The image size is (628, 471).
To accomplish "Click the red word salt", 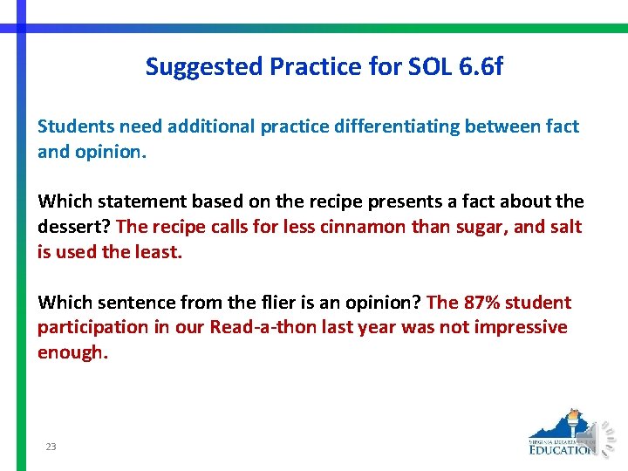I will [564, 227].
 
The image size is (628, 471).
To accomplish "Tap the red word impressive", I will [519, 327].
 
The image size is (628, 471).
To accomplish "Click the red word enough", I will [72, 352].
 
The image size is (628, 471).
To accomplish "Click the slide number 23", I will [51, 447].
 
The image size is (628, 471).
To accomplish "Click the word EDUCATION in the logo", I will [561, 450].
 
